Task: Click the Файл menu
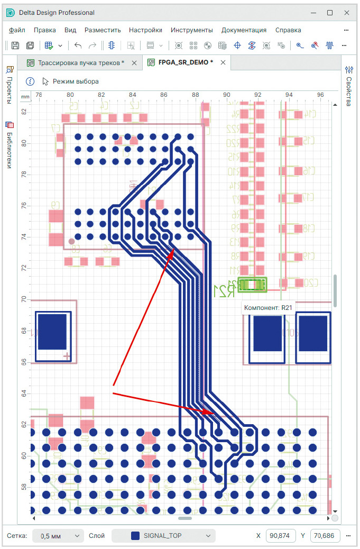tap(17, 30)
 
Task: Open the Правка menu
tap(44, 30)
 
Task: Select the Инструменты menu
tap(191, 30)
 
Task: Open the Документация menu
tap(244, 30)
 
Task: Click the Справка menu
tap(288, 30)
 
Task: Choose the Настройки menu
tap(145, 30)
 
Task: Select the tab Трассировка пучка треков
tap(80, 62)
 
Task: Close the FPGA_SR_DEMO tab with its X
tap(223, 62)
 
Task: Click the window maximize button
tap(329, 12)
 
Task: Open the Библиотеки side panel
tap(9, 144)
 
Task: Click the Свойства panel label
tap(349, 85)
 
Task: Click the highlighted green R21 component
tap(253, 285)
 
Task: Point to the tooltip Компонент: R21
tap(267, 307)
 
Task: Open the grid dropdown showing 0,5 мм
tap(58, 536)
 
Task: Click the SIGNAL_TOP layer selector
tap(163, 536)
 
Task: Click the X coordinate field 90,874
tap(280, 536)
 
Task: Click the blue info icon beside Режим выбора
tap(30, 81)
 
